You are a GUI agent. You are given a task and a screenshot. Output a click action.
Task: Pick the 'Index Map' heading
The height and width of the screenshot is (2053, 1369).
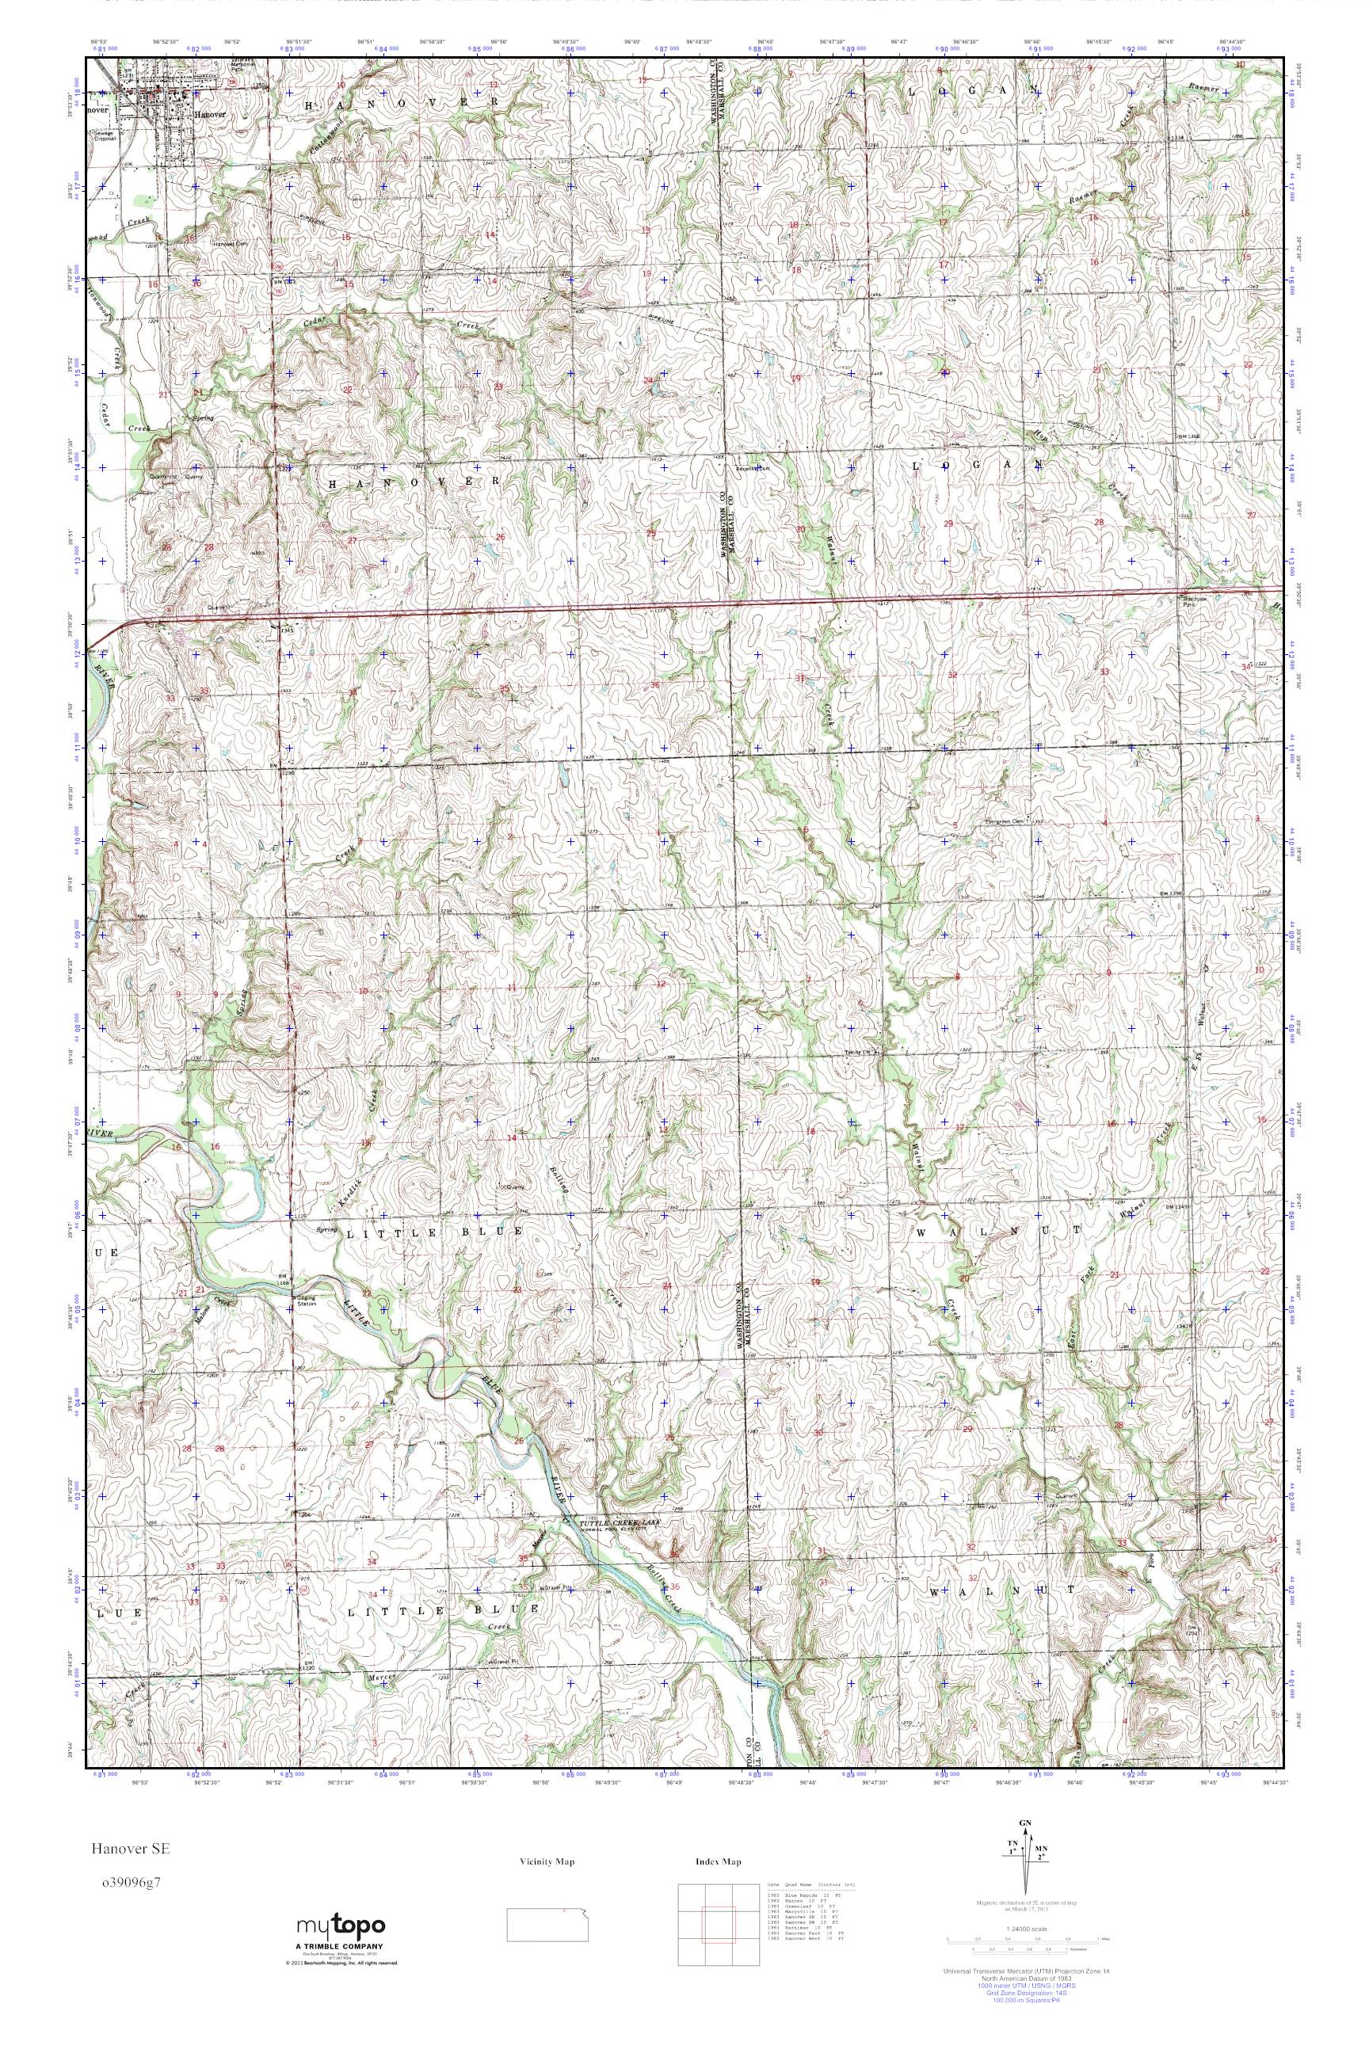719,1862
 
